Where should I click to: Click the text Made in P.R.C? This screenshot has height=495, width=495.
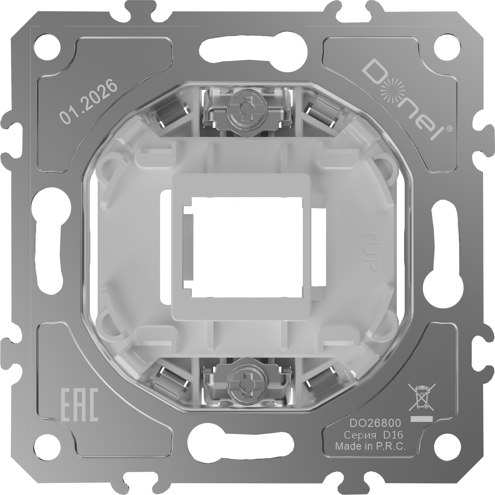click(x=371, y=446)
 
